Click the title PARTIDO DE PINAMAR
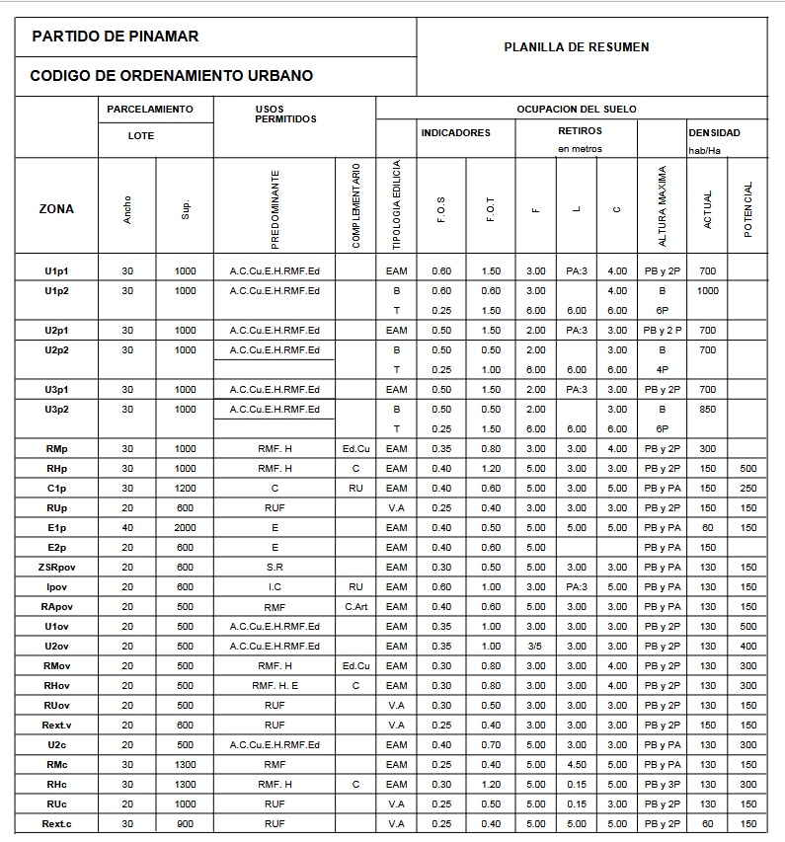pos(116,37)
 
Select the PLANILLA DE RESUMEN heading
pos(577,46)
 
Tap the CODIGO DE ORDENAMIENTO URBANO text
pos(172,76)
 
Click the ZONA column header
pos(56,208)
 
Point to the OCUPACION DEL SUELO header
pos(577,109)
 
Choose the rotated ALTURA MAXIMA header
pos(663,206)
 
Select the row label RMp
pos(56,449)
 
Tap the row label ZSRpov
pos(56,568)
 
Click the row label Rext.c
pos(56,824)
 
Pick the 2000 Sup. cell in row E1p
pos(185,528)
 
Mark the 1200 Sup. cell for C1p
pos(185,489)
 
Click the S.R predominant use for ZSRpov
pos(275,568)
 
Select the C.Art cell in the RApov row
pos(355,607)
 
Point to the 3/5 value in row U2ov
pos(536,647)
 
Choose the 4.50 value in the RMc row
pos(577,765)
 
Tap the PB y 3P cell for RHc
pos(663,785)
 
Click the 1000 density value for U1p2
pos(707,291)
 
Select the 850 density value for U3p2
pos(707,410)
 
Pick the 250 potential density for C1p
pos(748,489)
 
